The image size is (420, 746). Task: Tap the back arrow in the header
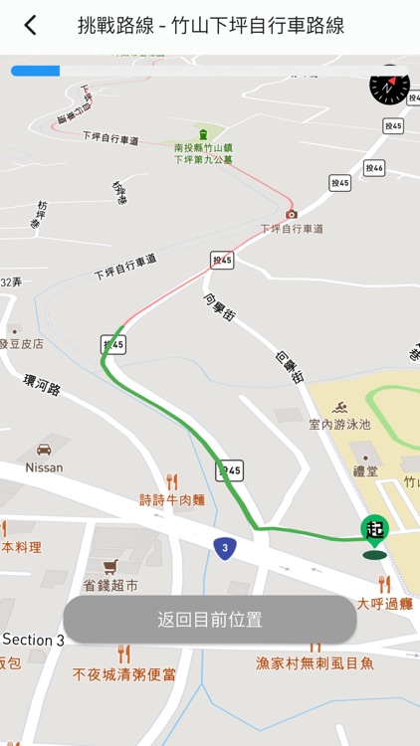(x=30, y=26)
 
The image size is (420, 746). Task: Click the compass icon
(x=389, y=87)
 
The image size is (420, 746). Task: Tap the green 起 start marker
(x=374, y=531)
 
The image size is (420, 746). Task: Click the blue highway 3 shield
(x=225, y=546)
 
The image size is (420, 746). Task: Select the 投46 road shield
(x=374, y=169)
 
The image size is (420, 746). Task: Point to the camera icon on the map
(x=292, y=213)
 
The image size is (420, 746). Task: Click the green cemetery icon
(x=203, y=134)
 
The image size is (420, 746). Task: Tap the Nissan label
(x=44, y=467)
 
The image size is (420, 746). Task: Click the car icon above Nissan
(x=44, y=450)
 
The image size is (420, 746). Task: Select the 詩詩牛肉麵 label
(x=172, y=499)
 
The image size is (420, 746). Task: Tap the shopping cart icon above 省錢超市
(x=97, y=566)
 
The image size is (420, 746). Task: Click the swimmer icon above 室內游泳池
(x=339, y=408)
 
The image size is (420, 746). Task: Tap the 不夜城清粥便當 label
(x=124, y=674)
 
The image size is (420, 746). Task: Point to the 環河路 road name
(x=41, y=385)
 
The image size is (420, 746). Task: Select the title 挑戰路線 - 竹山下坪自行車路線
(x=211, y=26)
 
